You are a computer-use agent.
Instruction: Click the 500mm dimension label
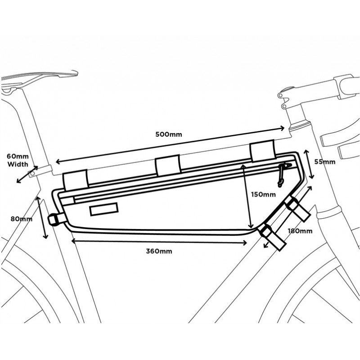point(168,134)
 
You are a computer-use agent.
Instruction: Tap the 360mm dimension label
point(159,251)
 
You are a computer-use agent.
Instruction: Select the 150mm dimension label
point(263,194)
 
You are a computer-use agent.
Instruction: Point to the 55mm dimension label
point(324,162)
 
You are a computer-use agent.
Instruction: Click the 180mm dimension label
point(300,231)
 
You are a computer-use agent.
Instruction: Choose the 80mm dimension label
point(21,219)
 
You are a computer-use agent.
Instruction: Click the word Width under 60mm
point(18,164)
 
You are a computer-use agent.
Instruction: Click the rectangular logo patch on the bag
point(104,209)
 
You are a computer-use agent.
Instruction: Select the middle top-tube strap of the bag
point(168,166)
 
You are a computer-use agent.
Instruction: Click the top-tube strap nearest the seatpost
point(76,180)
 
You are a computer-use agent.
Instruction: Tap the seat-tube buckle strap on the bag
point(57,219)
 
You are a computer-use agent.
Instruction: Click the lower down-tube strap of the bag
point(273,237)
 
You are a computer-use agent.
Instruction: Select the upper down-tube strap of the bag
point(297,208)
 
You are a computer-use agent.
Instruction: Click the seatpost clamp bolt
point(32,173)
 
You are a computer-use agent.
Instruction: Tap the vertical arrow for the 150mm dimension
point(247,197)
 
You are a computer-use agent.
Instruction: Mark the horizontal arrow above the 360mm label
point(159,242)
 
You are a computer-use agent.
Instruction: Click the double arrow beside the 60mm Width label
point(27,175)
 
